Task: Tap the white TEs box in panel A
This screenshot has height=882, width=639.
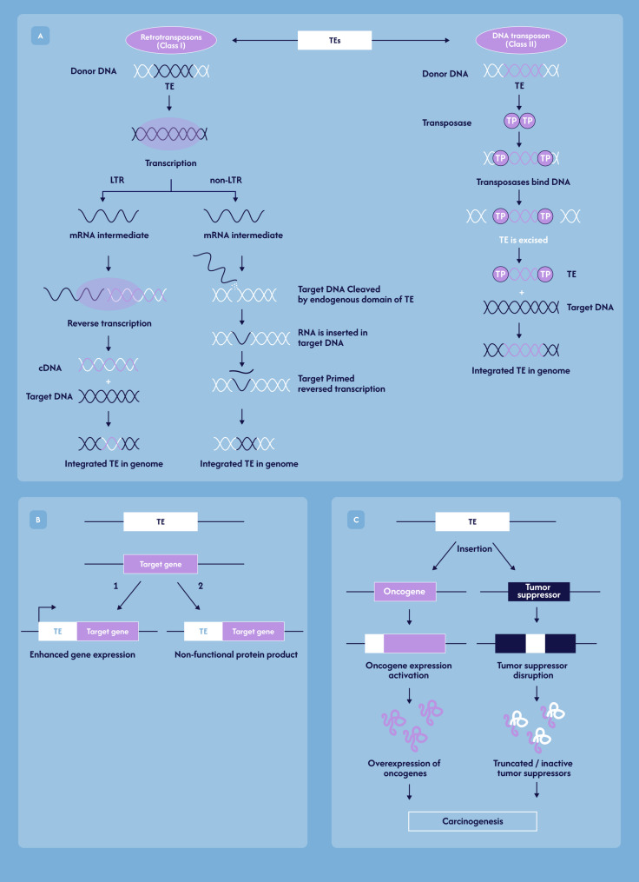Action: pos(334,39)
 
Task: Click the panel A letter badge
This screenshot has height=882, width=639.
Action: pos(37,36)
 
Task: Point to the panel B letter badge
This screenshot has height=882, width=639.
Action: pos(37,520)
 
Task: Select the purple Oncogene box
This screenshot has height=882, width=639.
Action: pos(405,593)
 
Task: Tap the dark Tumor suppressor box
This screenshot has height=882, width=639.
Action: pos(538,593)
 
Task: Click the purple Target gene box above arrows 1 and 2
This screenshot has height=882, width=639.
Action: pos(161,564)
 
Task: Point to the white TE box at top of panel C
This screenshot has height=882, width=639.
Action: pos(471,522)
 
